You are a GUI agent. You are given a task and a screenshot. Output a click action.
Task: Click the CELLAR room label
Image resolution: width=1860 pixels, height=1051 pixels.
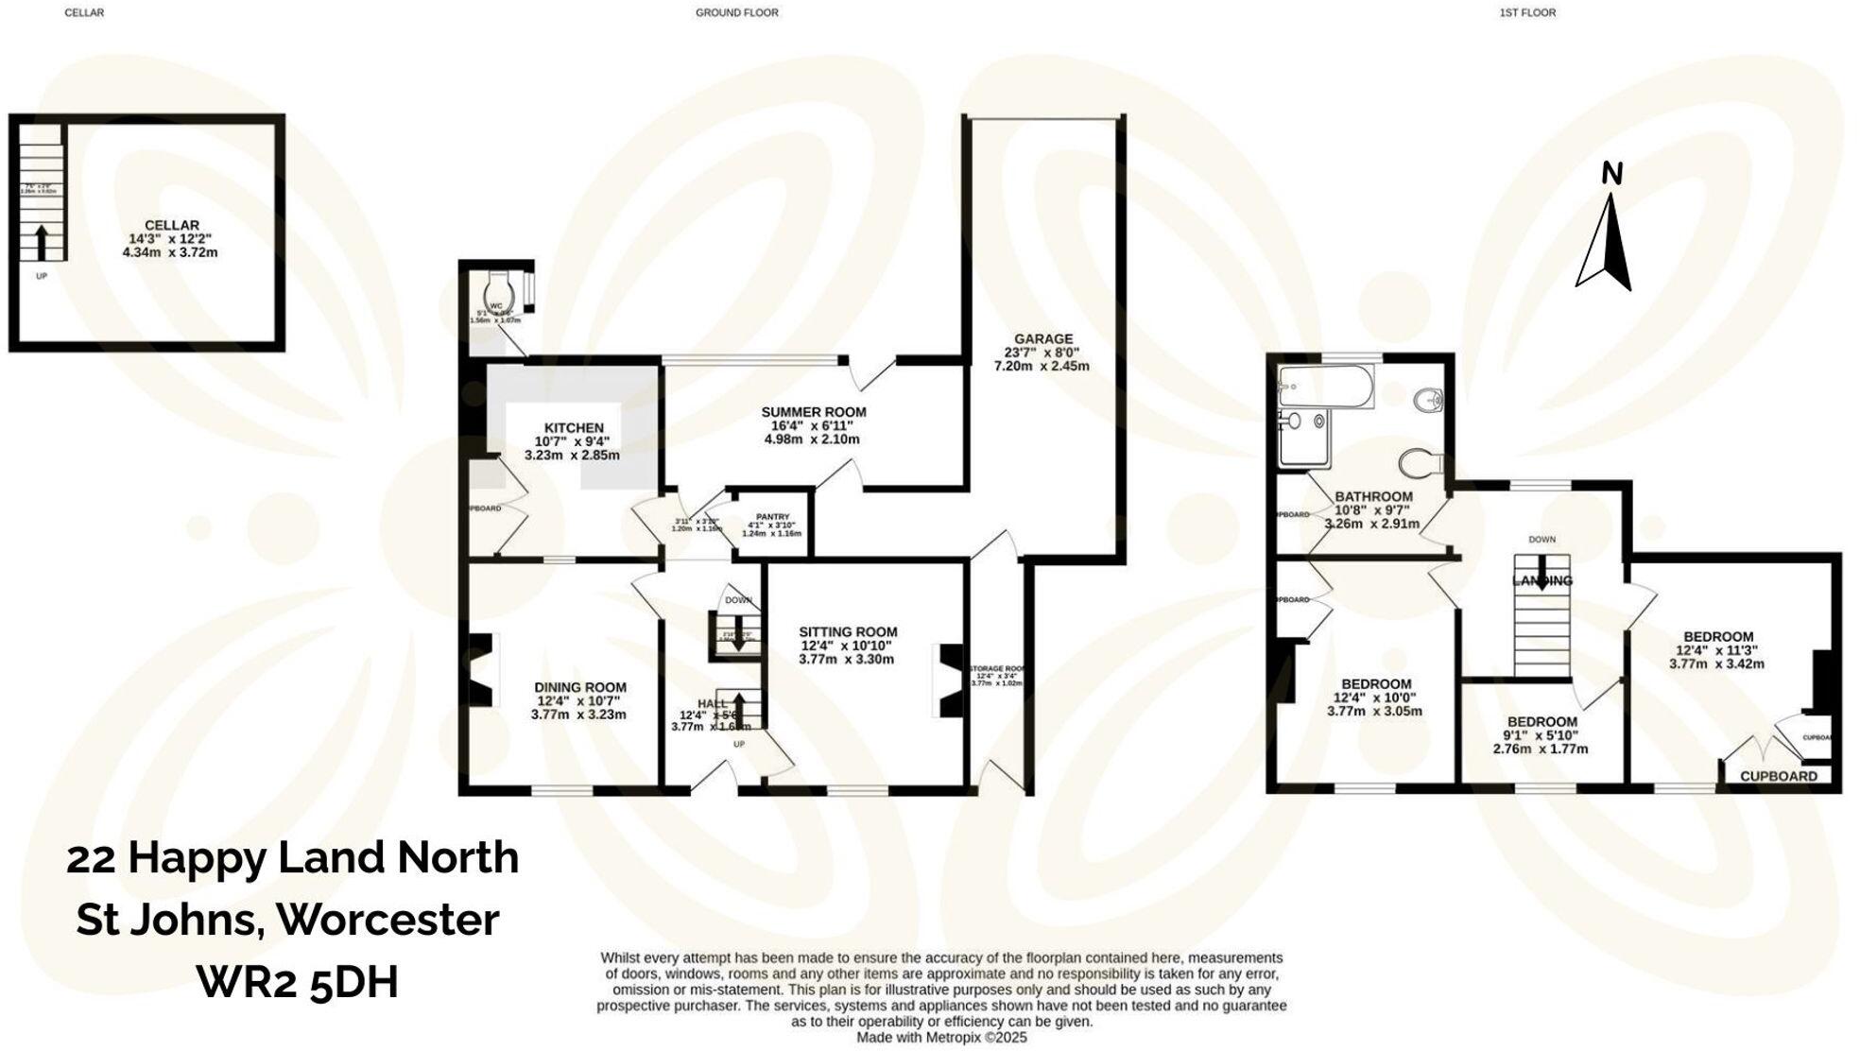(x=171, y=226)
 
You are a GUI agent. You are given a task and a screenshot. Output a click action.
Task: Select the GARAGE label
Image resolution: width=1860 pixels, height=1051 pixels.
(x=1043, y=339)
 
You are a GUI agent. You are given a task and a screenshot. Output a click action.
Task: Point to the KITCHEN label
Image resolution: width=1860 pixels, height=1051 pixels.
(x=574, y=428)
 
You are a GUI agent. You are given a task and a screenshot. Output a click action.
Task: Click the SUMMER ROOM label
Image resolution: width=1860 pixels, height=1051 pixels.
(x=814, y=412)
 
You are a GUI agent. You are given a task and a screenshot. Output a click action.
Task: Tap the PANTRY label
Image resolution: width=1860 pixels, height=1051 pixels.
(x=772, y=517)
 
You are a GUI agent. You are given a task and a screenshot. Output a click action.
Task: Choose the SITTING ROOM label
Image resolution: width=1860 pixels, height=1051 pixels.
(x=848, y=632)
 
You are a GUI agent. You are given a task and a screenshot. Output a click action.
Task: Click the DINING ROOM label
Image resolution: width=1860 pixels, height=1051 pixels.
(x=579, y=688)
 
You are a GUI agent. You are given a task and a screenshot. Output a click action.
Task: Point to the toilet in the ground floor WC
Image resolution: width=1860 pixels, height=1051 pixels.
(x=497, y=286)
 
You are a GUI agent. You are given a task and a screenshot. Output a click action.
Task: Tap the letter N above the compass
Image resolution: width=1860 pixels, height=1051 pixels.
(x=1612, y=174)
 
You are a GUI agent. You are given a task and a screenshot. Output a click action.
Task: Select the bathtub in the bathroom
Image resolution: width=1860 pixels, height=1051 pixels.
(x=1325, y=388)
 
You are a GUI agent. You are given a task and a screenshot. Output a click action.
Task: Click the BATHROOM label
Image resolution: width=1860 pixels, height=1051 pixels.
(x=1373, y=497)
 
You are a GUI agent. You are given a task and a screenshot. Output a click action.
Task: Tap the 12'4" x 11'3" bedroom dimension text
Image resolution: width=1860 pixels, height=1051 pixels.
(x=1717, y=650)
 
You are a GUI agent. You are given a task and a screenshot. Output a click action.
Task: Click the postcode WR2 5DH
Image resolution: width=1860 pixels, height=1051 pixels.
(x=297, y=982)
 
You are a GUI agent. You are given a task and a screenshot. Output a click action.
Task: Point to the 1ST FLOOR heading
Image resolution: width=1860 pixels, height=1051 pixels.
(x=1527, y=13)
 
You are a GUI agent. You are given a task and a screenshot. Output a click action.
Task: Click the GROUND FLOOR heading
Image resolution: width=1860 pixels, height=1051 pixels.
(x=736, y=13)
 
